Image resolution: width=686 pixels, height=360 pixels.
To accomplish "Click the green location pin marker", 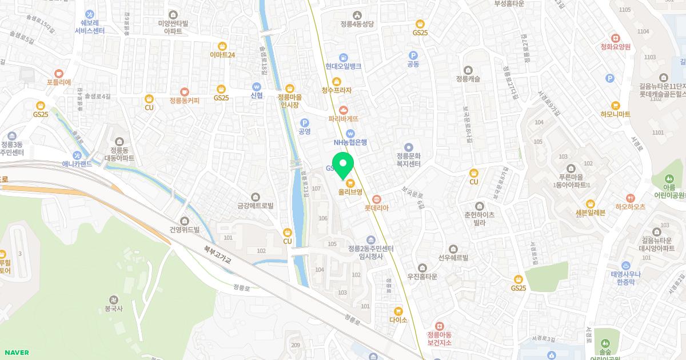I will pos(342,165).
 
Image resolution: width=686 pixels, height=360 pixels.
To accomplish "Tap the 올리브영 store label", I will pos(350,193).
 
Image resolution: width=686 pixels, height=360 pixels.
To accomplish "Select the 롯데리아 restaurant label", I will pos(376,208).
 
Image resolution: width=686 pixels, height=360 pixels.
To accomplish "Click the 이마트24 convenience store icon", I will pos(222,46).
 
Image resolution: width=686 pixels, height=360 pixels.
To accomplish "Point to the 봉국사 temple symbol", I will pos(114,299).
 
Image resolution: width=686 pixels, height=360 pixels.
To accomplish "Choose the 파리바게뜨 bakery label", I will pos(343,119).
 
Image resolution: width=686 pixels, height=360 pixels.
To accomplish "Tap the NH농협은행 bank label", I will pos(350,142).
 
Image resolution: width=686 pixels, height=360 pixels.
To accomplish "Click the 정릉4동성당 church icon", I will pos(357,15).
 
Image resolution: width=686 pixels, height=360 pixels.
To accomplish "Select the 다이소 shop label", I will pos(398,320).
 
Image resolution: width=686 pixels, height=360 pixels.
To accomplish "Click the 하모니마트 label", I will pos(615,114).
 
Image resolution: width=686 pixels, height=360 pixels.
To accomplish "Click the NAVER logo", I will pos(16,353).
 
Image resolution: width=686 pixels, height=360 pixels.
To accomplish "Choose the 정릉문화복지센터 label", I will pos(408,159).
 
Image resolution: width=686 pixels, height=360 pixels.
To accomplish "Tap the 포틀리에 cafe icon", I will pos(59,73).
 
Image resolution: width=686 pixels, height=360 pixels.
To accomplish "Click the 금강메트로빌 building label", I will pos(256,205).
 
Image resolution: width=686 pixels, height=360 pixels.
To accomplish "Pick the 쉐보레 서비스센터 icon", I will pos(90,14).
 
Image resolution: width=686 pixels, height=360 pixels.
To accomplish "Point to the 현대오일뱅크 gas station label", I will pos(343,66).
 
